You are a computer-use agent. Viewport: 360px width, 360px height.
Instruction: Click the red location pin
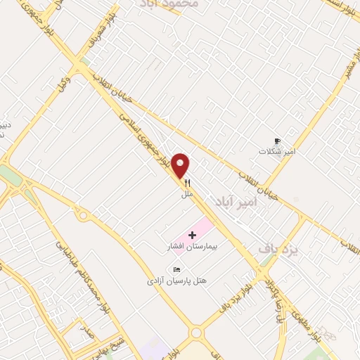pyautogui.click(x=181, y=165)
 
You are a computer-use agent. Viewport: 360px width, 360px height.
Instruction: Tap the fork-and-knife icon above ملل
pyautogui.click(x=187, y=182)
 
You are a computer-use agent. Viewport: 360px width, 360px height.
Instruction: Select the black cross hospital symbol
pyautogui.click(x=193, y=233)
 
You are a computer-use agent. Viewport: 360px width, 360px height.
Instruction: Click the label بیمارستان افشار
pyautogui.click(x=189, y=247)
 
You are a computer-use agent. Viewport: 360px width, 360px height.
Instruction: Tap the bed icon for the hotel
pyautogui.click(x=176, y=269)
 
